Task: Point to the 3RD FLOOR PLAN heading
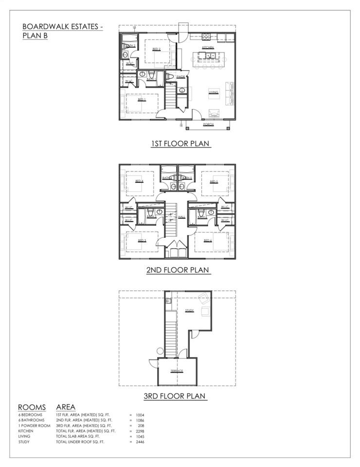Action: pos(178,396)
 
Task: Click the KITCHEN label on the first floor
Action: pos(208,48)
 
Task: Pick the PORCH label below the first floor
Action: pos(208,125)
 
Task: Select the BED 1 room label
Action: pos(142,100)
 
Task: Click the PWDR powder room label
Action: pos(181,77)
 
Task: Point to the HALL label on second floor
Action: pos(181,217)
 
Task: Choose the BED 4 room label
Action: pos(140,181)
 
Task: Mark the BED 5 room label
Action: pos(213,181)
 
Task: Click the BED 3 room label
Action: pos(142,240)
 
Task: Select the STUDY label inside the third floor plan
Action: pos(189,310)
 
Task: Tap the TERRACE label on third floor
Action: pos(177,371)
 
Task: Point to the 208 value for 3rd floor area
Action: pos(140,425)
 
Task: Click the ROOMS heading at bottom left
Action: pos(32,407)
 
